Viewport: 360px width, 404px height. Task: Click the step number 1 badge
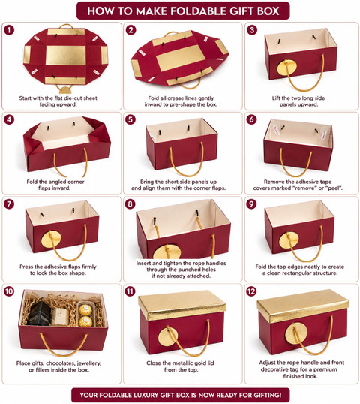point(9,30)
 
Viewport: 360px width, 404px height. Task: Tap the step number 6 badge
point(251,119)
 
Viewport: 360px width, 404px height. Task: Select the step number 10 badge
point(9,291)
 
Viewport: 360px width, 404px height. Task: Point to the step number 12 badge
point(251,291)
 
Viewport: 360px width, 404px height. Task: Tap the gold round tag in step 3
point(286,68)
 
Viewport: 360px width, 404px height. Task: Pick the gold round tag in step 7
point(51,239)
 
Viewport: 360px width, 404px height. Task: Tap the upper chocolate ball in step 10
point(84,310)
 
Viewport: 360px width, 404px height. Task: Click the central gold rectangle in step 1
point(65,56)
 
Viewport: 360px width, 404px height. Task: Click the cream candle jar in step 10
point(60,316)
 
